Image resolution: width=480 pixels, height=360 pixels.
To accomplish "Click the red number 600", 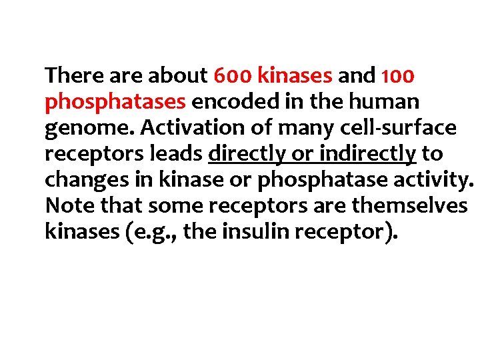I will click(x=232, y=76).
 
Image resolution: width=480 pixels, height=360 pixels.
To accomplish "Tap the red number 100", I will click(x=398, y=76).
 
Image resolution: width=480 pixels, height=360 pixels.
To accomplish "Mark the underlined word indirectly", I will click(x=367, y=154).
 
